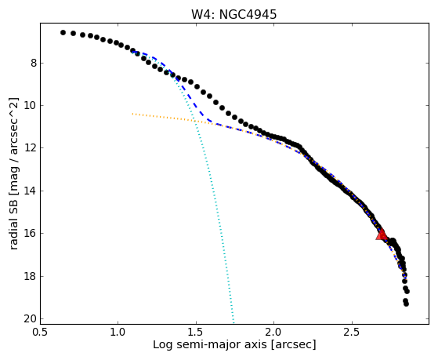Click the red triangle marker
382,235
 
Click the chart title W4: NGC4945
233,15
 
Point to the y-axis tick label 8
34,64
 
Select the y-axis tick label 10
31,106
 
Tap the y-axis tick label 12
31,148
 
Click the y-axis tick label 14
31,191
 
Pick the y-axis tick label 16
31,233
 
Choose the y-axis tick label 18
31,276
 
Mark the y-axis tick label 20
31,319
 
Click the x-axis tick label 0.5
40,333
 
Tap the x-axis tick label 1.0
118,333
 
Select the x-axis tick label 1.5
196,333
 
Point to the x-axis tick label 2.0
273,333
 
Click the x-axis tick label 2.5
352,333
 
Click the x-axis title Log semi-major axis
209,345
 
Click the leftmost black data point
63,33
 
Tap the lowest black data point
406,304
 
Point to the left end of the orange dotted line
132,114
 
